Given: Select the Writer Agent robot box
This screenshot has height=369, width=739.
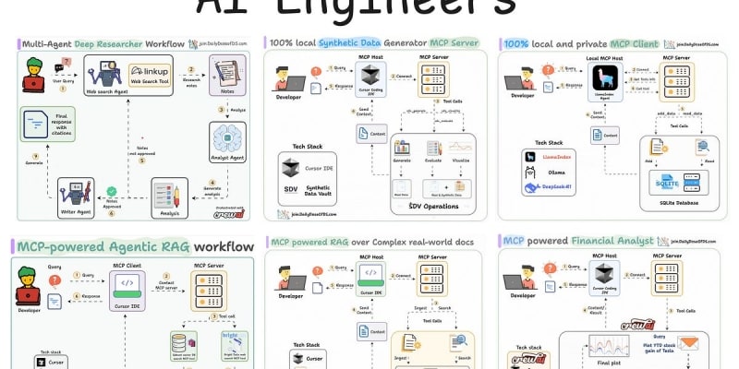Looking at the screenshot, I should [76, 192].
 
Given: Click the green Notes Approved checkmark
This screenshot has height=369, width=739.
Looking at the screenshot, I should [112, 191].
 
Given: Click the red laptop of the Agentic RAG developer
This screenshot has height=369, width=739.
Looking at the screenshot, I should [33, 295].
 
